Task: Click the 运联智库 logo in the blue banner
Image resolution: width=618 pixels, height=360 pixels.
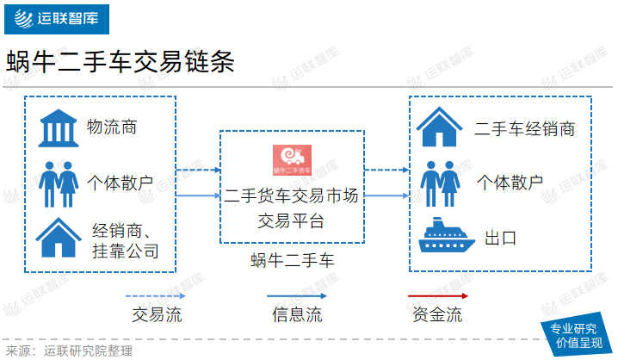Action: (56, 19)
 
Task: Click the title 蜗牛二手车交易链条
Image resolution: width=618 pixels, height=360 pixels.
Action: (121, 62)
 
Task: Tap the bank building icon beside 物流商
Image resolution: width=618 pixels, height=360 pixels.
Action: (58, 128)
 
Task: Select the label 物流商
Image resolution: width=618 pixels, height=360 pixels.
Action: (112, 127)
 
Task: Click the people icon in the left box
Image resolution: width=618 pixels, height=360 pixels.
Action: (59, 184)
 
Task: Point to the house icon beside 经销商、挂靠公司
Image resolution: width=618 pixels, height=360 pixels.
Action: (59, 238)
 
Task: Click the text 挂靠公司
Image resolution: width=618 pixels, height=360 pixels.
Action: (126, 251)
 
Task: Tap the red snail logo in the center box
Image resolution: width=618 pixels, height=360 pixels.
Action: (292, 159)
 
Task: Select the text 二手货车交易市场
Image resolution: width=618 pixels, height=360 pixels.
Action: (291, 196)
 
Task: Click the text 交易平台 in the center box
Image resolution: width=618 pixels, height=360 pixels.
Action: (291, 220)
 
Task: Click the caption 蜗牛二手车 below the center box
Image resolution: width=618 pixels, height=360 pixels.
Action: (292, 260)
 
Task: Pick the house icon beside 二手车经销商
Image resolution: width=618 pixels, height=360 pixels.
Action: (439, 127)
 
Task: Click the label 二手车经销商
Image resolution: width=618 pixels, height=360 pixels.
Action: (524, 129)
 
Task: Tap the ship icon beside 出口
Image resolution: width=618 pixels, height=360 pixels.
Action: (447, 234)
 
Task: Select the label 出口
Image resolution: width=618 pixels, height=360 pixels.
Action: (501, 239)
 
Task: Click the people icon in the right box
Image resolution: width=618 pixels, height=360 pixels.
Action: (440, 183)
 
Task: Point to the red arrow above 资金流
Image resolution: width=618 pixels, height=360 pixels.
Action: (438, 295)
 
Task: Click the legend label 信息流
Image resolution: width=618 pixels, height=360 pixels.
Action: (297, 314)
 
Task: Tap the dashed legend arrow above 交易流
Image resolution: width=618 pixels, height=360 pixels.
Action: (155, 295)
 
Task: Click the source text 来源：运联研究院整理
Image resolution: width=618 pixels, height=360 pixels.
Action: (69, 351)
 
